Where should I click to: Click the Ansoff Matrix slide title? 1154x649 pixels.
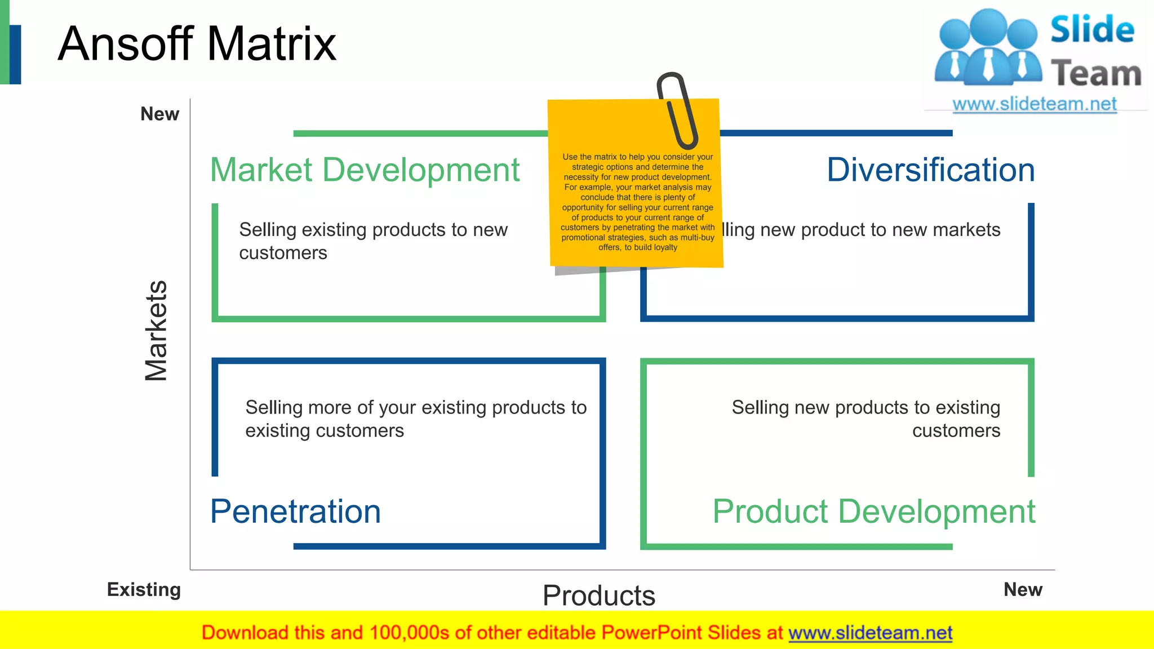click(x=197, y=44)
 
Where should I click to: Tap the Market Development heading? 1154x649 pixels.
click(x=365, y=170)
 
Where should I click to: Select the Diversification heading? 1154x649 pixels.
click(x=930, y=170)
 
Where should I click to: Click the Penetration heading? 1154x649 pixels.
click(x=295, y=512)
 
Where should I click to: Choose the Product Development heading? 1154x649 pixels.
click(x=873, y=512)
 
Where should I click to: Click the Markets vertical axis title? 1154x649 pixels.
click(x=156, y=331)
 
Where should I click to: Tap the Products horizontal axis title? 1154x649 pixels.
click(x=598, y=595)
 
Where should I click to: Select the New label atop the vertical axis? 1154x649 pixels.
click(x=159, y=114)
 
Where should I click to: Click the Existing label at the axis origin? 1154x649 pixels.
click(x=144, y=590)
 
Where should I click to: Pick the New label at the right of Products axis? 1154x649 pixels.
click(x=1023, y=590)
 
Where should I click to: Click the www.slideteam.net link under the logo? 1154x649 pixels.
click(x=1034, y=104)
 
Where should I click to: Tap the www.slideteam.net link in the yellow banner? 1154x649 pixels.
click(x=870, y=633)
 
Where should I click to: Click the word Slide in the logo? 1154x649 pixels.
click(x=1091, y=30)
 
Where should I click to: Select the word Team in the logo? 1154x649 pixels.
click(x=1095, y=74)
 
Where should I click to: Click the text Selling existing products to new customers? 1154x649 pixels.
click(x=373, y=241)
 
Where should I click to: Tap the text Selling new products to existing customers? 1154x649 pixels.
click(x=866, y=419)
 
